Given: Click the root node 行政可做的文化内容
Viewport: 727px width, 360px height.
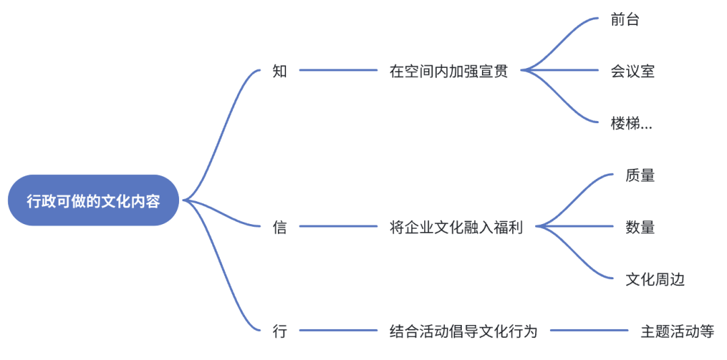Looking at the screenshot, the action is [x=94, y=201].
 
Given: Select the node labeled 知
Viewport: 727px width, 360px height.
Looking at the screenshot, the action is [x=280, y=71].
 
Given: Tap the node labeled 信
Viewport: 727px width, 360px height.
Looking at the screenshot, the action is [x=280, y=227].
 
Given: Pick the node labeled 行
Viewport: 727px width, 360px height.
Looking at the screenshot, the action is [x=280, y=331].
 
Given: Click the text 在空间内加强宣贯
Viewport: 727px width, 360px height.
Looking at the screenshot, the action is [x=448, y=71].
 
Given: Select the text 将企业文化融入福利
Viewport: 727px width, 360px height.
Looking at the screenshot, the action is [x=456, y=227].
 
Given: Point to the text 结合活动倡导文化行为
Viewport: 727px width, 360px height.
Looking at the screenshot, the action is [x=463, y=331].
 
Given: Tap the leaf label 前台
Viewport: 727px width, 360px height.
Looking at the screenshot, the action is [x=625, y=20].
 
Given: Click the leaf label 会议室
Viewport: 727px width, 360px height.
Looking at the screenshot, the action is [x=633, y=71].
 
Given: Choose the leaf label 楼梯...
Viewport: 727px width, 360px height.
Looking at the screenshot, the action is [x=631, y=123].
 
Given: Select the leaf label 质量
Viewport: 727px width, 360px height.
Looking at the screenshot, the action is [x=639, y=175].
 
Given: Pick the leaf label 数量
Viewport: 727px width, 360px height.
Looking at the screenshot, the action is [x=639, y=227].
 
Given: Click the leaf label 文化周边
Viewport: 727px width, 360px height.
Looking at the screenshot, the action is [x=655, y=279].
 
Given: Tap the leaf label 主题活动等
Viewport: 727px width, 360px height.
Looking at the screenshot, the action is [x=677, y=331].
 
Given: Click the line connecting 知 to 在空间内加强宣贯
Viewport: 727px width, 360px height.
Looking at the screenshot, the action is [x=339, y=70].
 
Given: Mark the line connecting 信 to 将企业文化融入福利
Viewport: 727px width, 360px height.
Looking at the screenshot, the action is [x=339, y=227].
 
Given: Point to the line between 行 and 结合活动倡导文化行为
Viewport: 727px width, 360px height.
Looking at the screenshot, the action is [x=339, y=330].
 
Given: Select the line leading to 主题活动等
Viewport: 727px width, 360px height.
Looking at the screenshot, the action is [x=589, y=330].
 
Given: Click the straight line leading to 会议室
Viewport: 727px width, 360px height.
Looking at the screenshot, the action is [x=565, y=70].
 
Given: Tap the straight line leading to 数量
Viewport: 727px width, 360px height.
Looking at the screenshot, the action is [x=579, y=227].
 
